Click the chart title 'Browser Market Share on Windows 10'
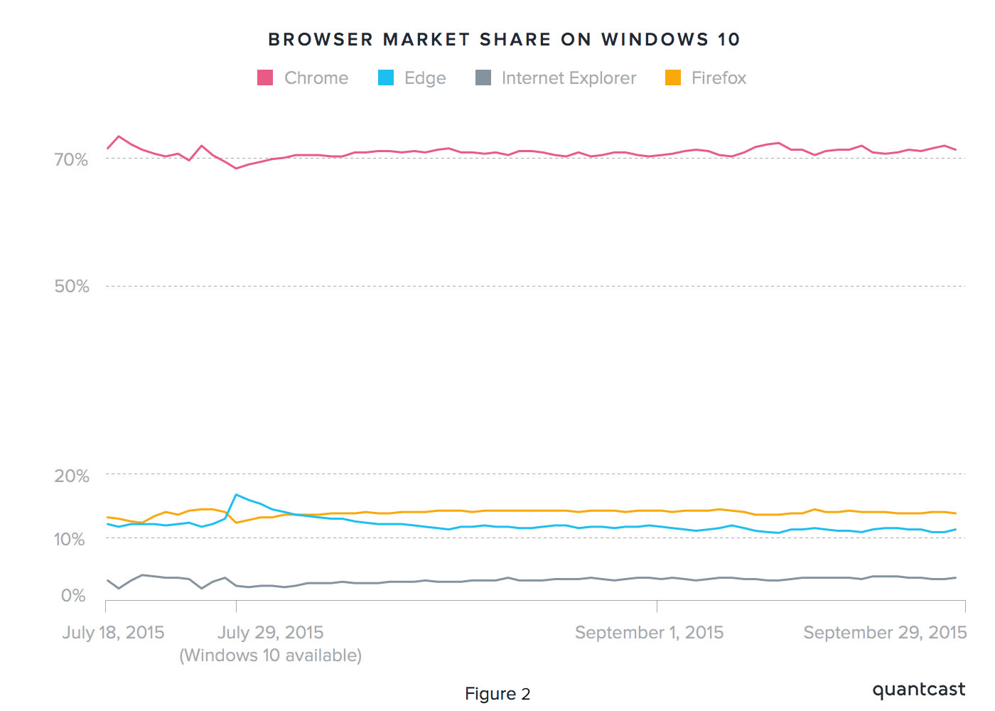point(504,40)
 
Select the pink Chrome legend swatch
point(265,77)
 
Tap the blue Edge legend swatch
point(386,77)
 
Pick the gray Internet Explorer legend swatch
point(483,77)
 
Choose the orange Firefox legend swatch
point(673,77)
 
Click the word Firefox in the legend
point(719,78)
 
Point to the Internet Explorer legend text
point(569,78)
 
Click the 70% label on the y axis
point(71,160)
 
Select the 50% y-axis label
point(72,287)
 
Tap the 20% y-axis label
point(72,476)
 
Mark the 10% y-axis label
point(70,540)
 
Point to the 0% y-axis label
point(73,596)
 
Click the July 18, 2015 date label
point(113,633)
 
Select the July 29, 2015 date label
point(270,633)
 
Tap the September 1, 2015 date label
point(649,633)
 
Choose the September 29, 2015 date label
point(885,633)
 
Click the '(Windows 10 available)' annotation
point(270,656)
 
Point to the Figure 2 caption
point(497,694)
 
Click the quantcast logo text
point(918,690)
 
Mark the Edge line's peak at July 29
point(236,494)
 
